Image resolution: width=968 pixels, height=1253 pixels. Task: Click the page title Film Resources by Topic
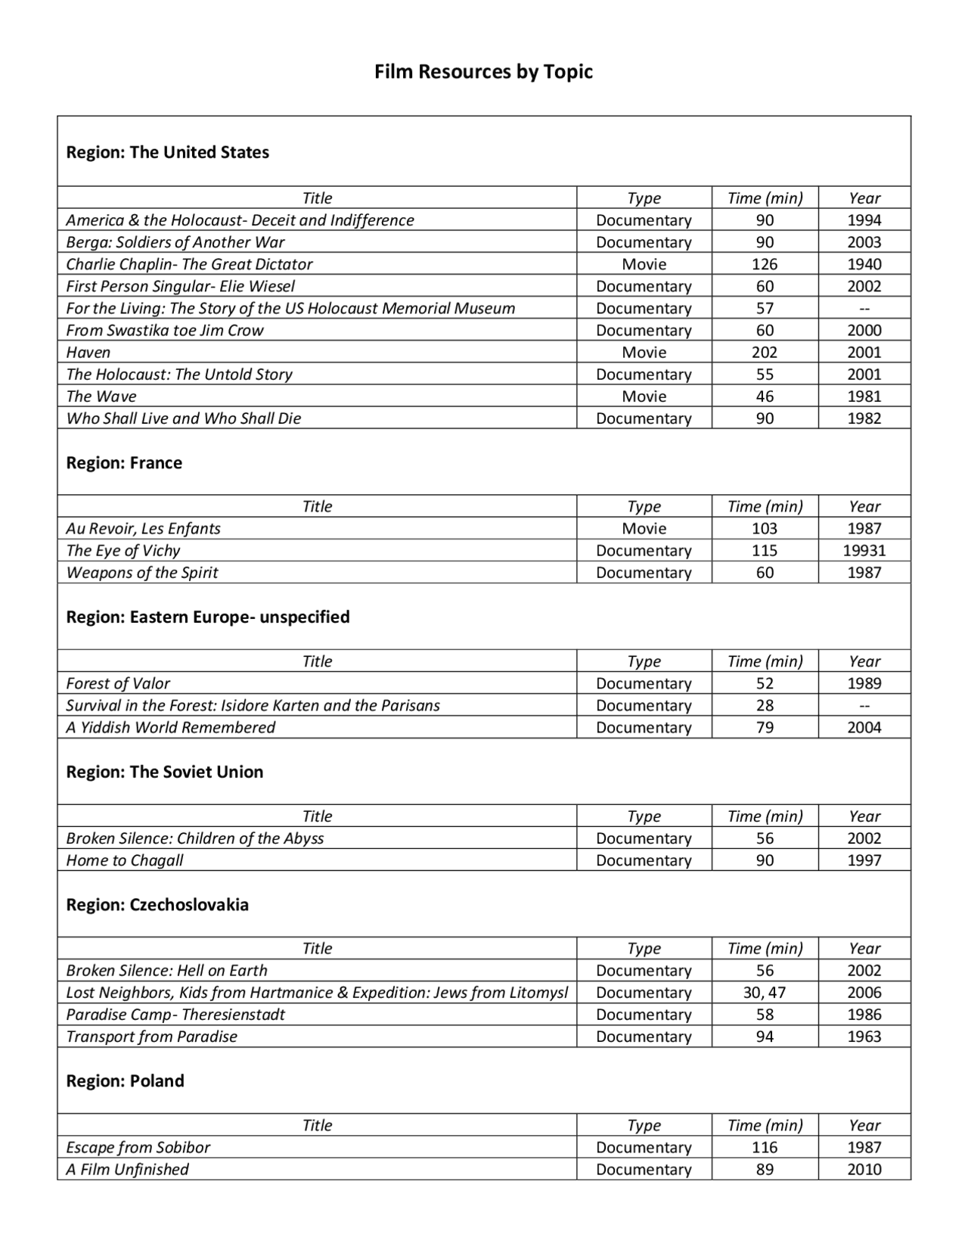(483, 72)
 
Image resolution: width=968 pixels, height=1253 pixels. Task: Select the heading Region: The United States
(167, 152)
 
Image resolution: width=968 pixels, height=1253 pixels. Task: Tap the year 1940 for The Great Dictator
(864, 264)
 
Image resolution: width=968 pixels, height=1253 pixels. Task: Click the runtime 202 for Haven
(765, 352)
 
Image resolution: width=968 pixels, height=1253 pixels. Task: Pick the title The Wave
(101, 396)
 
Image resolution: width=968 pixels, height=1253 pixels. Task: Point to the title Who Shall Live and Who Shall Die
(183, 418)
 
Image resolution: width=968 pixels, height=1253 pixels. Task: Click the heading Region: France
(124, 463)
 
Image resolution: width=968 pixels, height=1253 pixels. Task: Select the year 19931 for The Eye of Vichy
(864, 551)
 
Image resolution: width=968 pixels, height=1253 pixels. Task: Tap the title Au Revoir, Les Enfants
(143, 529)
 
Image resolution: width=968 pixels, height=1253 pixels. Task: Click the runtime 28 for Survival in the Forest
(765, 705)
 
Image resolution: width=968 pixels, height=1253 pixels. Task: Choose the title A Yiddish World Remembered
(170, 727)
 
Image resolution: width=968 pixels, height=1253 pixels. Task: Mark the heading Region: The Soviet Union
(164, 772)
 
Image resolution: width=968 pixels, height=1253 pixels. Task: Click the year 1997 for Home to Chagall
(864, 860)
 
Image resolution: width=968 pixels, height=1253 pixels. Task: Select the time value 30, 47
(765, 993)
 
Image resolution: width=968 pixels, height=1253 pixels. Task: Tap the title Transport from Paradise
(151, 1037)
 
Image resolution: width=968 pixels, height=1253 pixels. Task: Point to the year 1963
(864, 1037)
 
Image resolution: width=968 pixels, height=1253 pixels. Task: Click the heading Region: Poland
(125, 1081)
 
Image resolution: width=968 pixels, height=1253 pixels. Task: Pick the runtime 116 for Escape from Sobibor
(765, 1147)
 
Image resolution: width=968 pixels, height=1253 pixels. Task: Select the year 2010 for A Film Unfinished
(864, 1169)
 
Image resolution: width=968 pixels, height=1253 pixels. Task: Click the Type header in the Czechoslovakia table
(644, 949)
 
